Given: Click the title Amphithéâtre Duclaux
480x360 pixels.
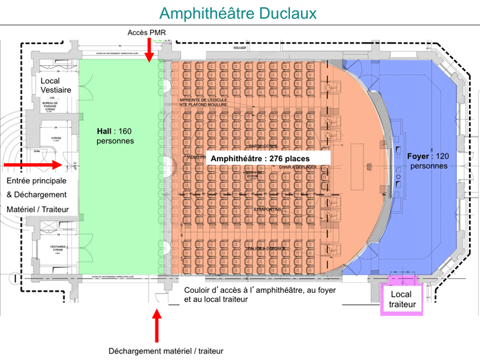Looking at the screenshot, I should click(237, 13).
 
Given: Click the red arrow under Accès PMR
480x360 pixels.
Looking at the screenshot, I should click(149, 50).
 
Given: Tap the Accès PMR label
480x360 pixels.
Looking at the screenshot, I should click(148, 32).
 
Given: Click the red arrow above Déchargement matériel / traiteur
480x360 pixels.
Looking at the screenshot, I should click(157, 325).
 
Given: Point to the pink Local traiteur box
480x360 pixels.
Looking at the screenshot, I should click(402, 299).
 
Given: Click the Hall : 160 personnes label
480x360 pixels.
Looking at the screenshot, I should click(115, 136).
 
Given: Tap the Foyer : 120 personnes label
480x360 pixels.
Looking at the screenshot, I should click(429, 160).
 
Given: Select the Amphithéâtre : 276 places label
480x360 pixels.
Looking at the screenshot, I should click(260, 159).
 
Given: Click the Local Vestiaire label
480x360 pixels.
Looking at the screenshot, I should click(56, 86).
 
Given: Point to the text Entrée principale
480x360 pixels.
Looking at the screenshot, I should click(37, 181).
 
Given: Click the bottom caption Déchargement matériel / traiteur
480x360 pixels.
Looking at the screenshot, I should click(166, 350).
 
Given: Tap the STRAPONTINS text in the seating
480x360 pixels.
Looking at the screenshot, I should click(267, 209).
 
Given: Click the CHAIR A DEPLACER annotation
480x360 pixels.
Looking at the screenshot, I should click(297, 167).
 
